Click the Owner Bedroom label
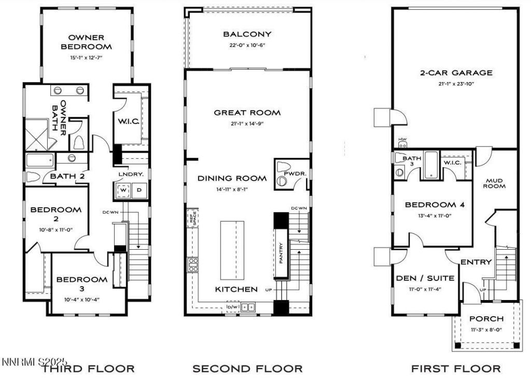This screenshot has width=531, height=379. (x=86, y=42)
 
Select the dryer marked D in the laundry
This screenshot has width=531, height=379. (x=138, y=190)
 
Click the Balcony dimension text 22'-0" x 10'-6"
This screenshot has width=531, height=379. (x=247, y=45)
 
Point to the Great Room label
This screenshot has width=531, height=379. (x=247, y=113)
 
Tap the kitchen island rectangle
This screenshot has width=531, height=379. (x=232, y=249)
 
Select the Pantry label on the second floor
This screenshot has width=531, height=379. (x=281, y=253)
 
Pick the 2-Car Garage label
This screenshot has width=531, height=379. (x=456, y=73)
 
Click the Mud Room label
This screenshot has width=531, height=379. (x=495, y=183)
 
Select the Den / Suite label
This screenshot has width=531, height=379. (x=418, y=278)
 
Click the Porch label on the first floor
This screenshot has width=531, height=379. (x=486, y=318)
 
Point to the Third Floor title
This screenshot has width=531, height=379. (x=88, y=369)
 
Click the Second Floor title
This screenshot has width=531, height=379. (x=247, y=369)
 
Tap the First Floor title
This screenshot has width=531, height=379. (x=456, y=369)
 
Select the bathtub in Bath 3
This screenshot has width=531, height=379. (x=431, y=165)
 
